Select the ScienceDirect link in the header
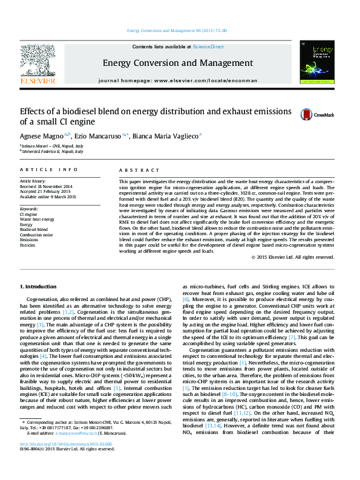(208, 47)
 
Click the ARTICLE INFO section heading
(49, 170)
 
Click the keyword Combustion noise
(36, 235)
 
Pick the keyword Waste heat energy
(37, 219)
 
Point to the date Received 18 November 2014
(46, 186)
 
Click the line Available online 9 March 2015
(48, 196)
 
